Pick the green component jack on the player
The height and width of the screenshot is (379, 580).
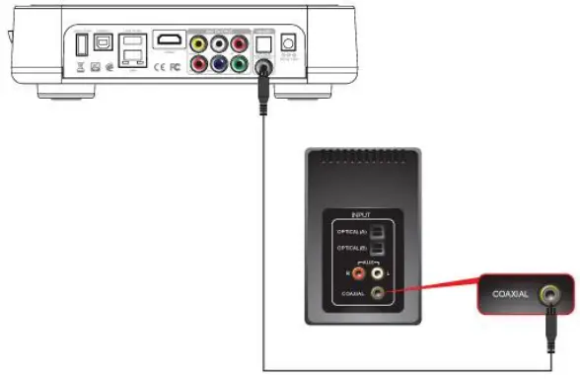click(239, 64)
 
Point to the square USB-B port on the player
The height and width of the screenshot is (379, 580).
click(104, 43)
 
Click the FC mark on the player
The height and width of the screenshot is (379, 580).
click(175, 67)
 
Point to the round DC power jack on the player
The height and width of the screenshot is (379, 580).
click(289, 43)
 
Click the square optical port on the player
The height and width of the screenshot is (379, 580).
click(262, 44)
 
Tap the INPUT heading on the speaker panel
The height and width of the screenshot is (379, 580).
click(361, 211)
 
